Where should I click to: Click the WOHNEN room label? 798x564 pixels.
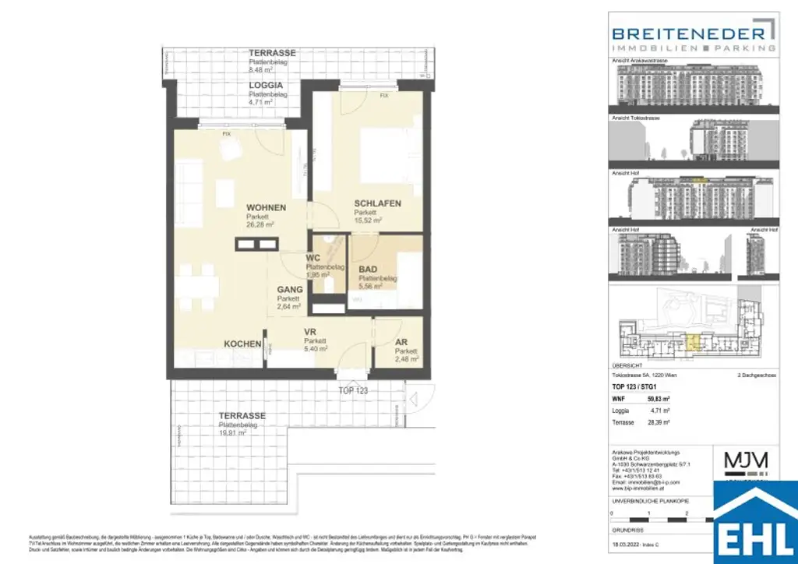pos(266,207)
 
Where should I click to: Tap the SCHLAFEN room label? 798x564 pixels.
pos(377,203)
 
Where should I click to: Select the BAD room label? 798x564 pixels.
pos(367,270)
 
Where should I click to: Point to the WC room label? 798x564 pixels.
pos(313,257)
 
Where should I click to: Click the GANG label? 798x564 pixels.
pos(290,289)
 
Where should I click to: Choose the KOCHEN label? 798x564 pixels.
pos(242,344)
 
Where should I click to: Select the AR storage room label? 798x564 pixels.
pos(401,341)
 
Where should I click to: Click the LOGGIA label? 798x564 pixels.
pos(265,85)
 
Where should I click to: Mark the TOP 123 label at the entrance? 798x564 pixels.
pos(353,390)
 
